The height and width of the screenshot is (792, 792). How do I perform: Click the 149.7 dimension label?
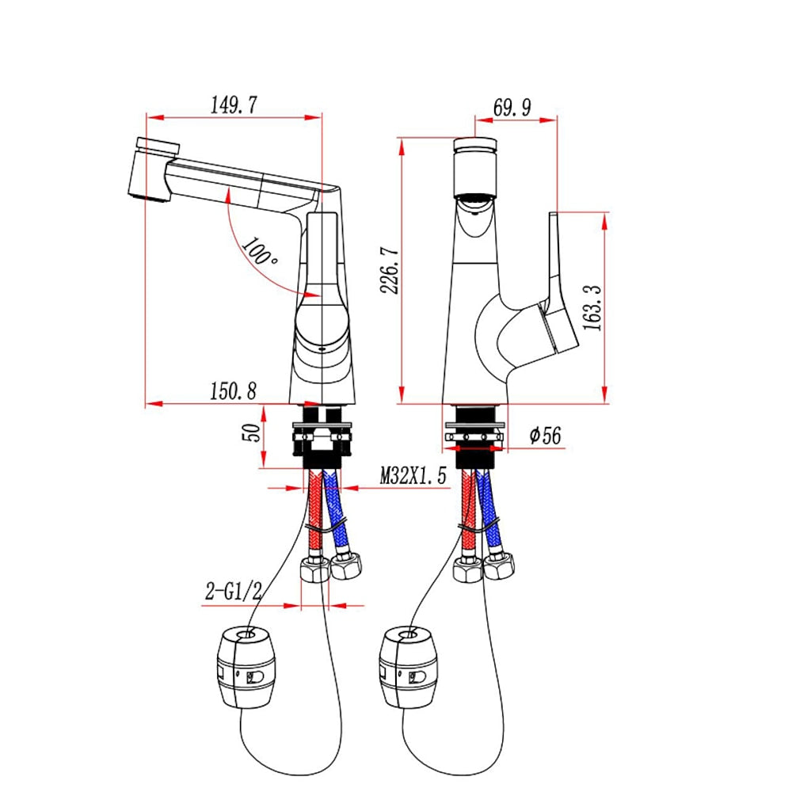pos(234,105)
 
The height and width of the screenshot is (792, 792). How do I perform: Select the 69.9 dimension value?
pos(512,108)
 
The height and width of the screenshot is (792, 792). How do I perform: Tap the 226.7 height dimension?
pos(390,270)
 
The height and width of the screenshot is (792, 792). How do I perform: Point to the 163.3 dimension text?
pos(592,307)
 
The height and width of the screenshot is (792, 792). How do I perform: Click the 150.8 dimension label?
pos(234,391)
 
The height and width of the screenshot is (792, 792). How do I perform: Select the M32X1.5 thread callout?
pos(413,475)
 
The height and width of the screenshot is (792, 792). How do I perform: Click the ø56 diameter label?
pos(545,436)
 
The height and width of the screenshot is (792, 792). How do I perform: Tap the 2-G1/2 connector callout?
pos(234,591)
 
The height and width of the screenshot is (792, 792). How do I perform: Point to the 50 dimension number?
pos(252,432)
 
